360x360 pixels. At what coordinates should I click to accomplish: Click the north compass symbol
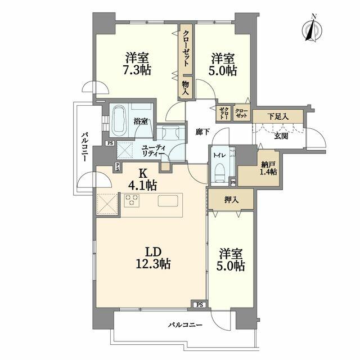[x=312, y=29]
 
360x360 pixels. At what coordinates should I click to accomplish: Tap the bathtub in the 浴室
[x=119, y=121]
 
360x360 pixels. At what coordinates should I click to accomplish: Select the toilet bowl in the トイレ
[x=220, y=173]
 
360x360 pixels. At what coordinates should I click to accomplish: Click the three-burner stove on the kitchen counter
[x=132, y=200]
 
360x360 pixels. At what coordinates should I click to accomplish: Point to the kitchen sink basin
[x=168, y=201]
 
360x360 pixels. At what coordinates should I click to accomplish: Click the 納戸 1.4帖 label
[x=268, y=168]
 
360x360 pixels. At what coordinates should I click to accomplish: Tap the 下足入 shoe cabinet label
[x=278, y=116]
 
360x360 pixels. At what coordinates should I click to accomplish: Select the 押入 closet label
[x=231, y=200]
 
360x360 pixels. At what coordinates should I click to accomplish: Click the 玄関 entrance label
[x=281, y=136]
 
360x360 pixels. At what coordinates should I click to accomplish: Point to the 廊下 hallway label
[x=202, y=132]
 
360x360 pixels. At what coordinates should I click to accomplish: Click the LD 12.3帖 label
[x=153, y=258]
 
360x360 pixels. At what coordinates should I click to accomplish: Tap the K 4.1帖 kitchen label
[x=142, y=180]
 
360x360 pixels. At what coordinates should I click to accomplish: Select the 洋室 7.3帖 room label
[x=137, y=64]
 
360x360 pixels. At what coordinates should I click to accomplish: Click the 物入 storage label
[x=186, y=88]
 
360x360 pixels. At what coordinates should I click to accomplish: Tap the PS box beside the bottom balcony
[x=200, y=305]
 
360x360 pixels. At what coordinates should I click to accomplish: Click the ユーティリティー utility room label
[x=154, y=151]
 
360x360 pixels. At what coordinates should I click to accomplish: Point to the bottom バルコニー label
[x=186, y=325]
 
